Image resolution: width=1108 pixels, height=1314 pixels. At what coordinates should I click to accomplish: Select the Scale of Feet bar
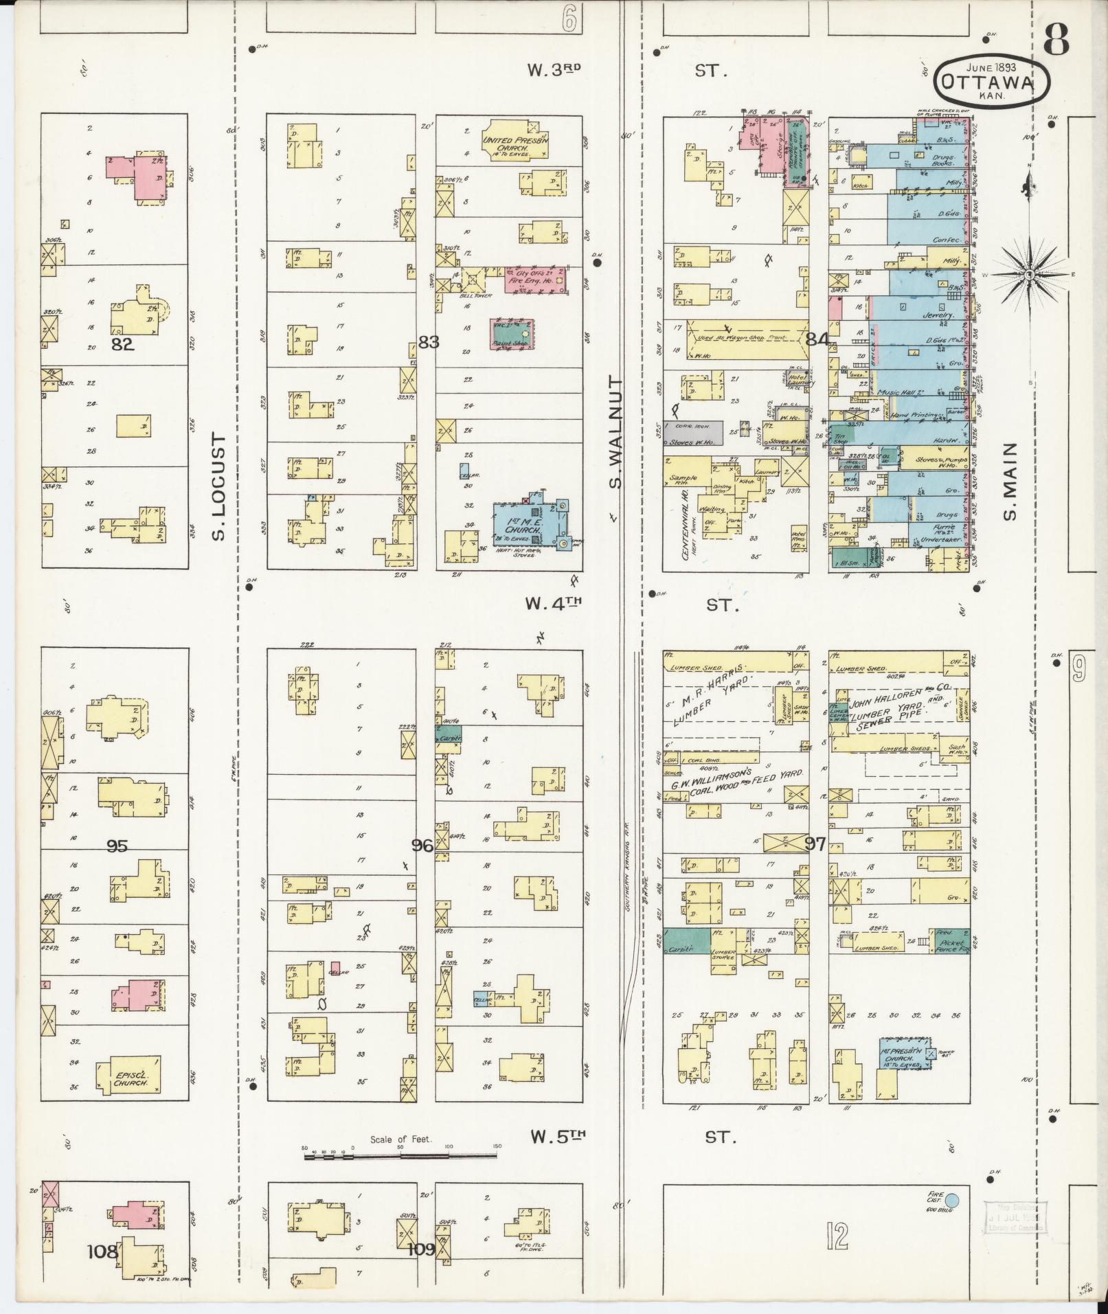click(x=401, y=1156)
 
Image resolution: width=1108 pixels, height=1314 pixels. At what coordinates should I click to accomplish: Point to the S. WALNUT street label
click(x=615, y=432)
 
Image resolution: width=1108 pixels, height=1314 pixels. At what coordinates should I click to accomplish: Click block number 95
click(x=117, y=846)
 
